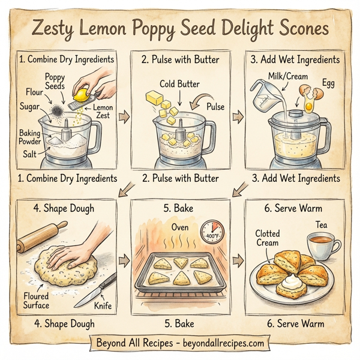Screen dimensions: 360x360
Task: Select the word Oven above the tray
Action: point(180,227)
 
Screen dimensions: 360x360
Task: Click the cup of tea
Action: point(322,246)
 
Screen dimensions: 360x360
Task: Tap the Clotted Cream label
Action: point(268,238)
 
